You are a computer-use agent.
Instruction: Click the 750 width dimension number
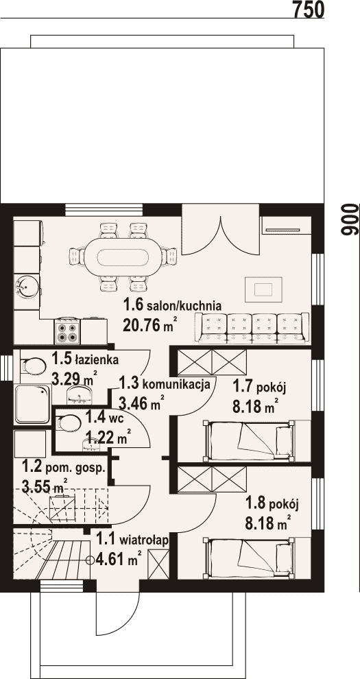309,10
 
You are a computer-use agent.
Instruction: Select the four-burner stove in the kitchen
67,332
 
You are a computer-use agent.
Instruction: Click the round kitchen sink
27,287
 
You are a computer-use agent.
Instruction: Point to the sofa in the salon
253,329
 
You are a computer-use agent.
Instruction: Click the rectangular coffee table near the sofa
263,289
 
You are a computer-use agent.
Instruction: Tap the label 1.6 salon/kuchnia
172,306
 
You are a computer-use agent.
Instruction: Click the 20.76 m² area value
149,325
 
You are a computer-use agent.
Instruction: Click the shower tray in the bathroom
32,404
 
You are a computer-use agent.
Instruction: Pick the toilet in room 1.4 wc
67,422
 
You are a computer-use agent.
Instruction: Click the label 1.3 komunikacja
165,383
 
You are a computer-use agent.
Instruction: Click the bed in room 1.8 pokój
249,558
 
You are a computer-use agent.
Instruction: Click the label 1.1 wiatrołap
132,540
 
